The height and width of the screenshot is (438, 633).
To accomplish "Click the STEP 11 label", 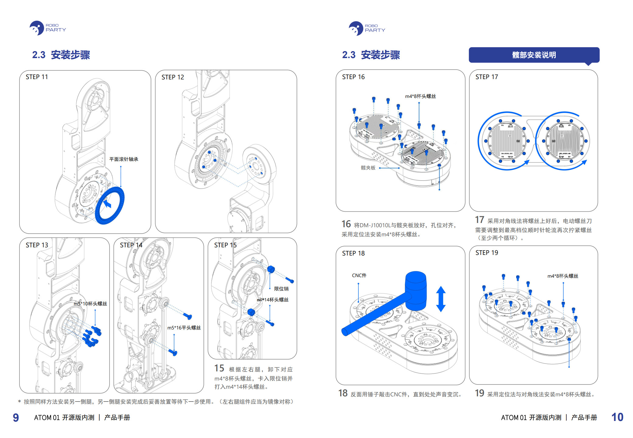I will point(37,77).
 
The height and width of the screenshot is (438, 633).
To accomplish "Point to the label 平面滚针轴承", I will point(124,159).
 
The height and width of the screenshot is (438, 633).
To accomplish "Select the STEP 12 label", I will point(173,77).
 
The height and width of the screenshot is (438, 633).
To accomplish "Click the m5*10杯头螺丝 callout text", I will point(90,304).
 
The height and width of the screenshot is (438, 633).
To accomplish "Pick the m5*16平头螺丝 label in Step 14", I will point(184,328).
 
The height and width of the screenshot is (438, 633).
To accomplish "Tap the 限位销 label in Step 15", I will point(281,289).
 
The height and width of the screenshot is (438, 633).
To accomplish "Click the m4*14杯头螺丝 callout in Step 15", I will point(272,300).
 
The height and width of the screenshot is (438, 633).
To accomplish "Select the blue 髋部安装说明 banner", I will point(534,55).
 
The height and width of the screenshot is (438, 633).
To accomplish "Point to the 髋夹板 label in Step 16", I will point(368,168).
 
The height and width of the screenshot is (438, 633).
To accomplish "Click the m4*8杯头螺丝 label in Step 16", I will point(420,96).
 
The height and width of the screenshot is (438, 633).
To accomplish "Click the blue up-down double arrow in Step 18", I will point(441,299).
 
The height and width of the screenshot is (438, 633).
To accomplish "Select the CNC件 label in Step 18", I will point(359,275).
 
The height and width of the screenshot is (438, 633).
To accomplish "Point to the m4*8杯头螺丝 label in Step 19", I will point(563,276).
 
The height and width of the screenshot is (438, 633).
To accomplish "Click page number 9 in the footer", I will point(16,417).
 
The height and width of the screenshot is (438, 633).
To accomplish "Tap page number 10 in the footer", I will point(617,417).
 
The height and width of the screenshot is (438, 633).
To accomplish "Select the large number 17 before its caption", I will point(480,220).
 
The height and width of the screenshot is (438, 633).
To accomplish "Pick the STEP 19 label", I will point(487,253).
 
